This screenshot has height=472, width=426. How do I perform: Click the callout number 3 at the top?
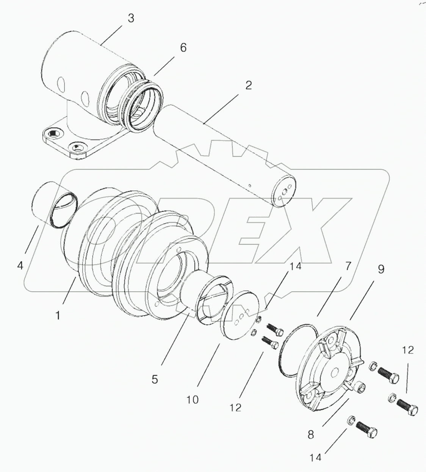coord(131,18)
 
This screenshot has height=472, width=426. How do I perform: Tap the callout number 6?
coord(183,48)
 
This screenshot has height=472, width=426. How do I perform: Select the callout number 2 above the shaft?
coord(248,85)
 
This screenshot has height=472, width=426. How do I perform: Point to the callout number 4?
coord(20,265)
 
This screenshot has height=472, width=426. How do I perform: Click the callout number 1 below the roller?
coord(58,315)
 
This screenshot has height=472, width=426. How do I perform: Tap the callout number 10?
coord(193,399)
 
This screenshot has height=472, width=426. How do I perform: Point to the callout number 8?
coord(311,434)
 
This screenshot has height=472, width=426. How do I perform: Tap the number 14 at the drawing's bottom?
coord(315,458)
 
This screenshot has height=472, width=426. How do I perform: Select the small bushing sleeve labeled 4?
coord(53,205)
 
